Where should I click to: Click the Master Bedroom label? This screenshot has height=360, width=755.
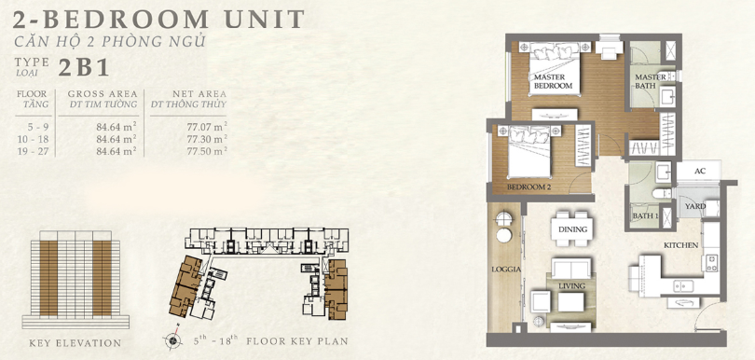pos(552,81)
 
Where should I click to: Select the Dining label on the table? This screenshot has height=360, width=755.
pos(573,229)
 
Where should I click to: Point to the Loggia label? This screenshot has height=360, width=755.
pos(506,270)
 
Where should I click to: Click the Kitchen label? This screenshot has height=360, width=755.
pos(680,245)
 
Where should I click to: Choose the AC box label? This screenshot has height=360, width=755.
pos(700,172)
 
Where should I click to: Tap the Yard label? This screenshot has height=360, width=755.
pos(695,206)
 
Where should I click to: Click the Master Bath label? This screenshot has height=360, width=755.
pos(650,81)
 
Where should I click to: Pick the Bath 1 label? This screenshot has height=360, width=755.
pos(645,215)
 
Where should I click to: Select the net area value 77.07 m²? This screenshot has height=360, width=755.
pos(207,127)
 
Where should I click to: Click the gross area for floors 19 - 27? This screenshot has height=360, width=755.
pos(116,151)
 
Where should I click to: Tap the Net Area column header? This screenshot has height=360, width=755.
pos(199,94)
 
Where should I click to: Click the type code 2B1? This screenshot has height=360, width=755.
pos(83,68)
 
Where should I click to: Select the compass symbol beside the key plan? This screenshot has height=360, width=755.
pos(172,340)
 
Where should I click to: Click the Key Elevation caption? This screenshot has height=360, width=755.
pos(75,343)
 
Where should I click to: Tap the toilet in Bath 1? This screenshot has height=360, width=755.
pos(662,193)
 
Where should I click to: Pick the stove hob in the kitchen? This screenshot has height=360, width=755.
pos(712,263)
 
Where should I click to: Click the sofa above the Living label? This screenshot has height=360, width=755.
pos(571,268)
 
